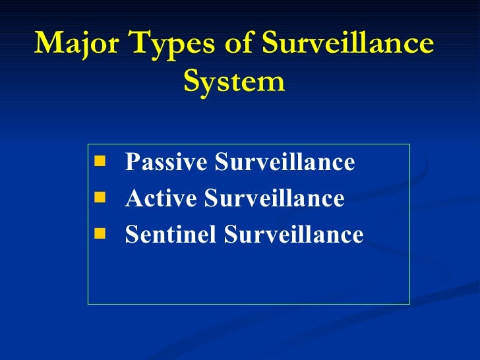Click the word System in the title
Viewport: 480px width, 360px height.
(x=234, y=82)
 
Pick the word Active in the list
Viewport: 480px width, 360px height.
(x=157, y=198)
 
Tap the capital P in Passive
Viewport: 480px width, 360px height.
(x=131, y=162)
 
